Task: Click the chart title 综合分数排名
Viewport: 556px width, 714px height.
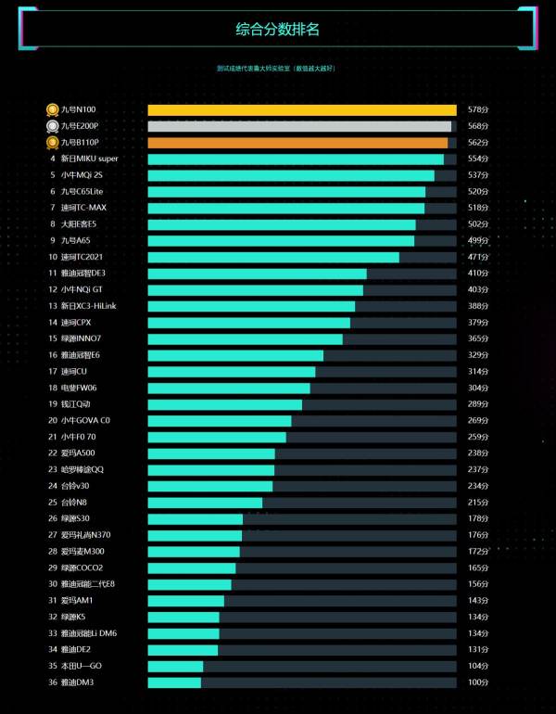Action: (277, 30)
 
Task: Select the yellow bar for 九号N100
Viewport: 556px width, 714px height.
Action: (301, 110)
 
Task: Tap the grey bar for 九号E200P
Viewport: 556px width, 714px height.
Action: (299, 127)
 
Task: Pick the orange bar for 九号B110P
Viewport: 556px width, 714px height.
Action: (297, 143)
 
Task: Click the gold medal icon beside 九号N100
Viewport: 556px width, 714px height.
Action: (53, 110)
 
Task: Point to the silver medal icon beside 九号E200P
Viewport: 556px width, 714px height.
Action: (53, 127)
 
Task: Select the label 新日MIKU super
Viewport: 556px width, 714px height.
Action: (89, 159)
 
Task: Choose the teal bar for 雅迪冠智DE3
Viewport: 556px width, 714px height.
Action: (257, 274)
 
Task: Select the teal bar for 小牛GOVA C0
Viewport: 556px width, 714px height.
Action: (220, 420)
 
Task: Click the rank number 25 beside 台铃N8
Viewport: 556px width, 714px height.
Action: (53, 502)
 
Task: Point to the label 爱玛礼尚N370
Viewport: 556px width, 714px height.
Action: (86, 535)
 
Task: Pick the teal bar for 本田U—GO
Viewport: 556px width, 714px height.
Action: (175, 666)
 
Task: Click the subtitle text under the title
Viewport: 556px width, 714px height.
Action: (275, 68)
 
